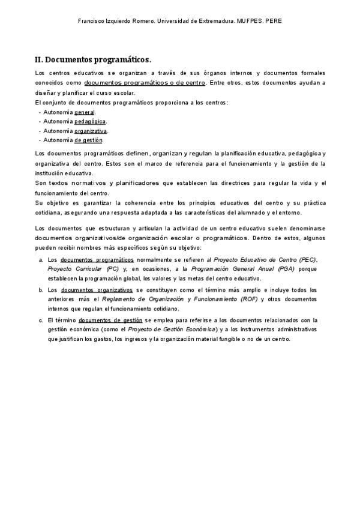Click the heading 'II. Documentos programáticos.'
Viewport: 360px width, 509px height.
coord(93,59)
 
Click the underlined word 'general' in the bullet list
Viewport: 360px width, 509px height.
coord(85,112)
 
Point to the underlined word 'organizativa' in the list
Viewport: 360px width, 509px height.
coord(91,131)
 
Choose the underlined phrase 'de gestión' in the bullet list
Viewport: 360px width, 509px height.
coord(89,140)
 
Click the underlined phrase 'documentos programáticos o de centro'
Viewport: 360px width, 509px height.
coord(145,82)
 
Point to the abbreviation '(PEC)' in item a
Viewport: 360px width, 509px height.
coord(308,260)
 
